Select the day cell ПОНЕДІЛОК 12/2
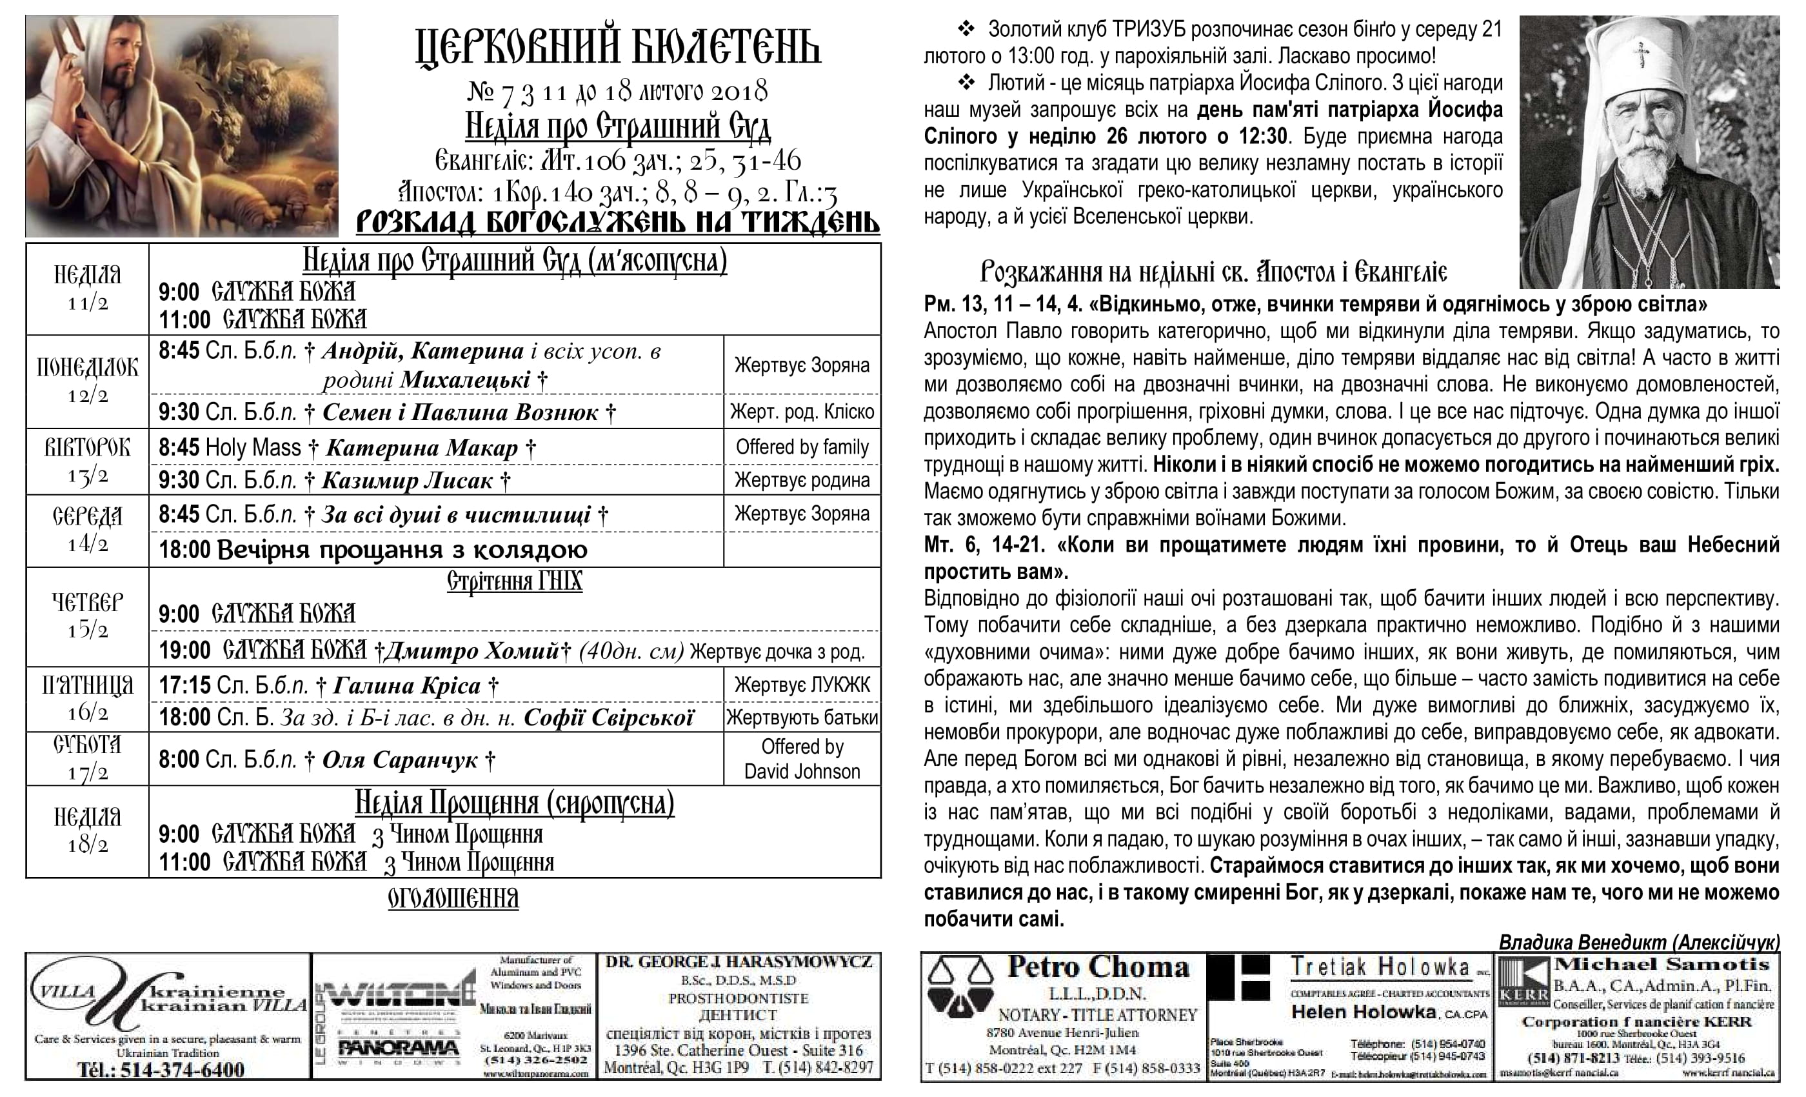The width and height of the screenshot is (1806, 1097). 87,381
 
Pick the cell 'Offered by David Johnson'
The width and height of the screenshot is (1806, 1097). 802,759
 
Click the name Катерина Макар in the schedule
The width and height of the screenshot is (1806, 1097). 421,447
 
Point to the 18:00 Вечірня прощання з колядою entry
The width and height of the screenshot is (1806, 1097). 373,550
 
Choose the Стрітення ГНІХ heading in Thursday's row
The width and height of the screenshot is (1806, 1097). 515,581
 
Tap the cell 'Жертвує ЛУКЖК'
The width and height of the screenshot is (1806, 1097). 802,685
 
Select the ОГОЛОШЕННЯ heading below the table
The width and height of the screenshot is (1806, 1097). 453,898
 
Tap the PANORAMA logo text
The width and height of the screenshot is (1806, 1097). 399,1049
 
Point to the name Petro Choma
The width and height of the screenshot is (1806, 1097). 1097,967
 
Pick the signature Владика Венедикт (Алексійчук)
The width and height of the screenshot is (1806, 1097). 1639,941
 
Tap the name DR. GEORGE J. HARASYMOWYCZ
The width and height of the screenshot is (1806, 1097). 740,962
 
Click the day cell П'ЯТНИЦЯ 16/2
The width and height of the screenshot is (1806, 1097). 87,698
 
